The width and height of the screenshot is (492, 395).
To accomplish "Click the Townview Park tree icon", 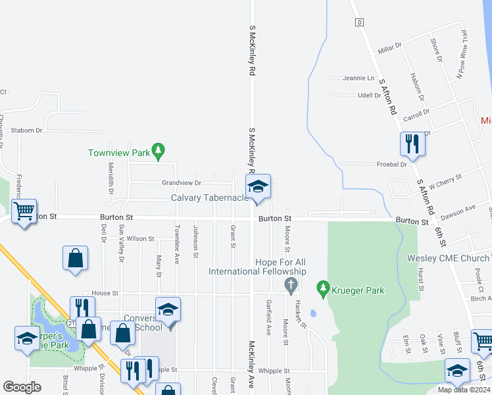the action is click(158, 153).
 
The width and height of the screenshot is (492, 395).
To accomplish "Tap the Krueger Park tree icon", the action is click(322, 288).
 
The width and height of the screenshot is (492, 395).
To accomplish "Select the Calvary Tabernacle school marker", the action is click(258, 187).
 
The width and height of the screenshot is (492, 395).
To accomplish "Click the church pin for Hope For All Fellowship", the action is click(290, 284).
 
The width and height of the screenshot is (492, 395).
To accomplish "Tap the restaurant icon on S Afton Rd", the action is click(412, 144).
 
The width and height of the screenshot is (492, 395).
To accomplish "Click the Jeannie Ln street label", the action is click(358, 78).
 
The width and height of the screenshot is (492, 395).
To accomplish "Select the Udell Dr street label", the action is click(369, 95).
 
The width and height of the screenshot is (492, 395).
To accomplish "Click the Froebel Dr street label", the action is click(392, 164).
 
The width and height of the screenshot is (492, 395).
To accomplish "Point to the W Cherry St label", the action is click(446, 180).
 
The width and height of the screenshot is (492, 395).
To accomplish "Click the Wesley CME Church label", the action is click(448, 258).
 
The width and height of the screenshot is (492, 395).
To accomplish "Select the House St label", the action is click(105, 293).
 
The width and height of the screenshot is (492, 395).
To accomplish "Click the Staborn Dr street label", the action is click(26, 130).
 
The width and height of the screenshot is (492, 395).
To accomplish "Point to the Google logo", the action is click(22, 386).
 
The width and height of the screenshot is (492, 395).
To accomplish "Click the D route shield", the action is click(359, 22).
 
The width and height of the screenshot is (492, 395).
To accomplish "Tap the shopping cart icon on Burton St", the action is click(24, 212).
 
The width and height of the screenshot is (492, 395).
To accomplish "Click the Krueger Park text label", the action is click(358, 290).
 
